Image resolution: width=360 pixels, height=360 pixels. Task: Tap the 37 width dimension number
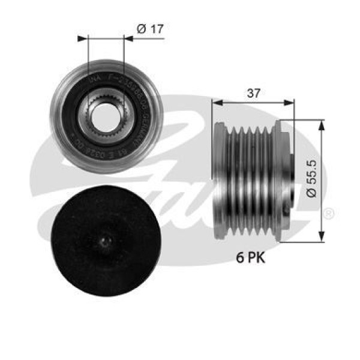click(x=254, y=93)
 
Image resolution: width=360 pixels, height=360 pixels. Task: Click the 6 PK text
click(x=248, y=257)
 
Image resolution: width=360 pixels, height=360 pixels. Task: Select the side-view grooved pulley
click(x=252, y=178)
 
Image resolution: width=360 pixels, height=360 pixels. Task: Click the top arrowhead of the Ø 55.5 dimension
click(x=323, y=124)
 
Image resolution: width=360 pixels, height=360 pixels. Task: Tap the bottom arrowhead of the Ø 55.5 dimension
click(x=323, y=233)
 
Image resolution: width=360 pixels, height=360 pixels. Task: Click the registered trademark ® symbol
click(x=329, y=214)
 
